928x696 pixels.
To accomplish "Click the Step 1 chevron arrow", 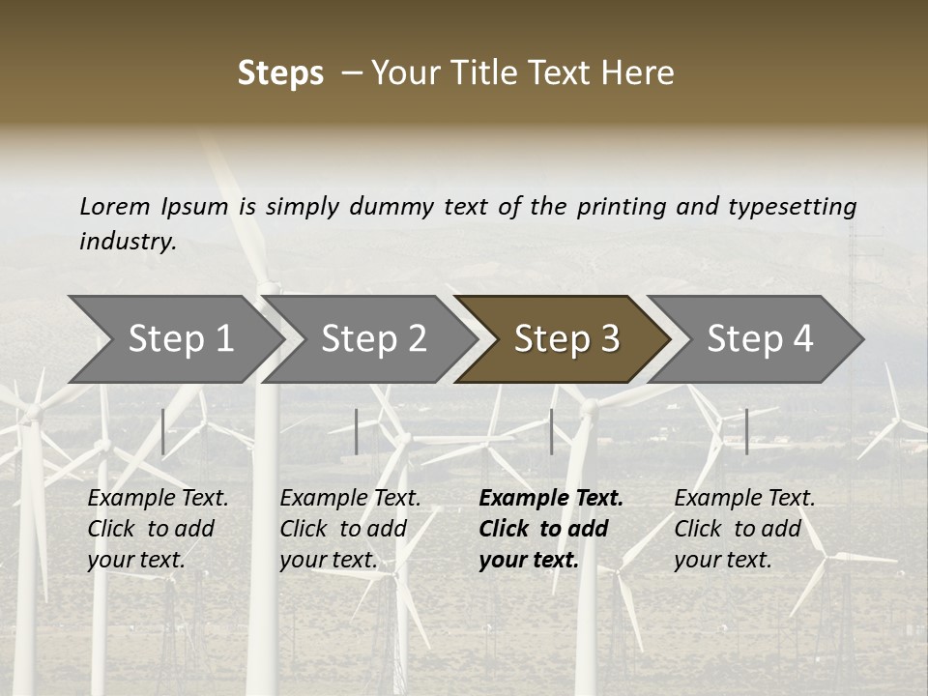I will tap(179, 338).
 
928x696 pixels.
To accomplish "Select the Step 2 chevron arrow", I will tap(372, 338).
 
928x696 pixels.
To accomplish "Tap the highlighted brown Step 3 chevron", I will tap(565, 338).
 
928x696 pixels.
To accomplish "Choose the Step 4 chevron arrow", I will tap(759, 338).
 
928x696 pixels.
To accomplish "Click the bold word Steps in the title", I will tap(280, 73).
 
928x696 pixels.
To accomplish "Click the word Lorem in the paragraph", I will tap(114, 206).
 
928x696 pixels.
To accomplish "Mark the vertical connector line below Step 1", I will tap(163, 431).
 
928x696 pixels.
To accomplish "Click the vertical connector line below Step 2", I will tap(357, 431).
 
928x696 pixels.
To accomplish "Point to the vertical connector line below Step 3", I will tap(552, 431).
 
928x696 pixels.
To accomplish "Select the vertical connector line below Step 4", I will tap(746, 431).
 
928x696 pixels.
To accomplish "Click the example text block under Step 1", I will tap(158, 529).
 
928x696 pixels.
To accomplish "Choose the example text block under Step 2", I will tap(350, 529).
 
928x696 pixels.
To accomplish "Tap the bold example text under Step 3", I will tap(550, 529).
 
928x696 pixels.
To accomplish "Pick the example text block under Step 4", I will tap(744, 529).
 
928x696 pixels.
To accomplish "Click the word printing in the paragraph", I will tap(621, 207).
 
